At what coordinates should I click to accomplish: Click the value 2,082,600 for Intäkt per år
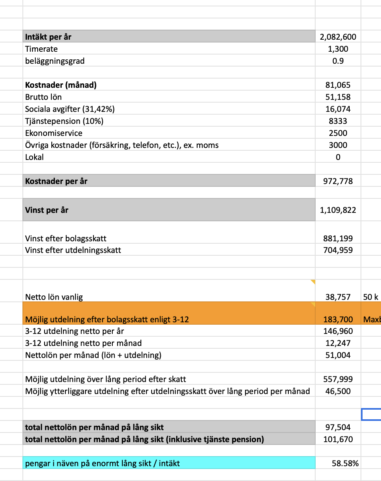coord(338,37)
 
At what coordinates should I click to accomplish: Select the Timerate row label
coord(41,49)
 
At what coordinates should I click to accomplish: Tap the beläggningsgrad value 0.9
coord(338,61)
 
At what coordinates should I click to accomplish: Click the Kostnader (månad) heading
coord(61,85)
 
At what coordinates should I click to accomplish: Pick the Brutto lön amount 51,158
coord(338,97)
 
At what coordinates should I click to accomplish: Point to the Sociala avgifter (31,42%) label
coord(72,109)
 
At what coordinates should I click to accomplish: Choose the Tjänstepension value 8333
coord(338,121)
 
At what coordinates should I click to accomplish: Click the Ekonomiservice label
coord(54,133)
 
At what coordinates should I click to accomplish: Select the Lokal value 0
coord(338,157)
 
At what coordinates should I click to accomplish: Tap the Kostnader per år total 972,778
coord(338,181)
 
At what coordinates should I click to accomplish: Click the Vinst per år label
coord(47,210)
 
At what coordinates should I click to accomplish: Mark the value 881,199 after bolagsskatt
coord(338,238)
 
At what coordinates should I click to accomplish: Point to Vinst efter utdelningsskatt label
coord(73,251)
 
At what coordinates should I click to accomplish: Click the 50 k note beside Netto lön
coord(371,297)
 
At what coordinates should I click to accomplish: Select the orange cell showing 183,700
coord(338,319)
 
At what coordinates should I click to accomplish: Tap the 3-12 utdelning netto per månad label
coord(83,343)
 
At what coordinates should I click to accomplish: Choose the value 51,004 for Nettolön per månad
coord(338,355)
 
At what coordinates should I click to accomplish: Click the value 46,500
coord(338,391)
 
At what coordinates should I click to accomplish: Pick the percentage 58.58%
coord(345,464)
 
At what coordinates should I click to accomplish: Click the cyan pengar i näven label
coord(102,464)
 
